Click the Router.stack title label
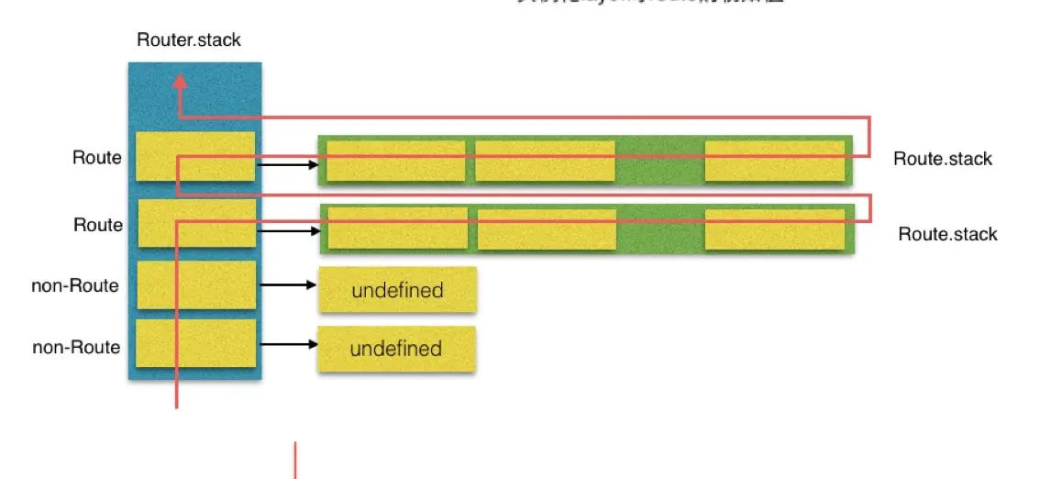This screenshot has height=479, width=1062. pos(189,39)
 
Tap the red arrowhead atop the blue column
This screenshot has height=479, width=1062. pos(181,82)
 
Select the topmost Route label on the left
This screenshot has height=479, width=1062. pos(97,158)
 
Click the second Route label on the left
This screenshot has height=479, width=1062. pos(98,225)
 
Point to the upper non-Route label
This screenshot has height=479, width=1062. pos(75,285)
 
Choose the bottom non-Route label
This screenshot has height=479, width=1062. pos(76,347)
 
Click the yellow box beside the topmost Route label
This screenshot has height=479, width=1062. pos(195,156)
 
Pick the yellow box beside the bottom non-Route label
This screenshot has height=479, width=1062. pos(195,344)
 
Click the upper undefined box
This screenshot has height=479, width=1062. pos(397,291)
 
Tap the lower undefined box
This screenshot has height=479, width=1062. pos(396,349)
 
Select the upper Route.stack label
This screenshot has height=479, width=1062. pos(943,159)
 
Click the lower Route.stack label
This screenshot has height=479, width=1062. pos(947,234)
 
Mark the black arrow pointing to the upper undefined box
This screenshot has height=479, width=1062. pos(288,285)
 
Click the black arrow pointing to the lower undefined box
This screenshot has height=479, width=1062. pos(288,345)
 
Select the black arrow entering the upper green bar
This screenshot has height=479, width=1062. pos(288,165)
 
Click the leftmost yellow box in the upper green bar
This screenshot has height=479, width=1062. pos(396,161)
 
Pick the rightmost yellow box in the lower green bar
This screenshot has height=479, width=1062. pos(774,229)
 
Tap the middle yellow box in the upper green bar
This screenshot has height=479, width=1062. pos(545,161)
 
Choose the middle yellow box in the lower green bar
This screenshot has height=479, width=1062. pos(547,229)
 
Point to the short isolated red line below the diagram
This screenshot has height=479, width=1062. pos(294,461)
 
